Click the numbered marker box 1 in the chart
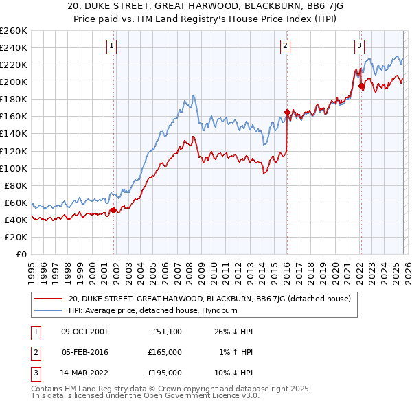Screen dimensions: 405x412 pyautogui.click(x=111, y=46)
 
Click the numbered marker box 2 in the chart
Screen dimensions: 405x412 pyautogui.click(x=285, y=46)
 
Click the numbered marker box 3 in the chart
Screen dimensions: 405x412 pyautogui.click(x=359, y=46)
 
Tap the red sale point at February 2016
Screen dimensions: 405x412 pyautogui.click(x=287, y=112)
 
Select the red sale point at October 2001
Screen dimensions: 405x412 pyautogui.click(x=113, y=210)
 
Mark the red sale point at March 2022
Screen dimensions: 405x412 pyautogui.click(x=361, y=86)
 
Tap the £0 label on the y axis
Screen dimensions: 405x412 pyautogui.click(x=21, y=254)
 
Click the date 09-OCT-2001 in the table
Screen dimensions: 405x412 pyautogui.click(x=84, y=332)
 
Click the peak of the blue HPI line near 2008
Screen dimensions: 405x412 pyautogui.click(x=194, y=95)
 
